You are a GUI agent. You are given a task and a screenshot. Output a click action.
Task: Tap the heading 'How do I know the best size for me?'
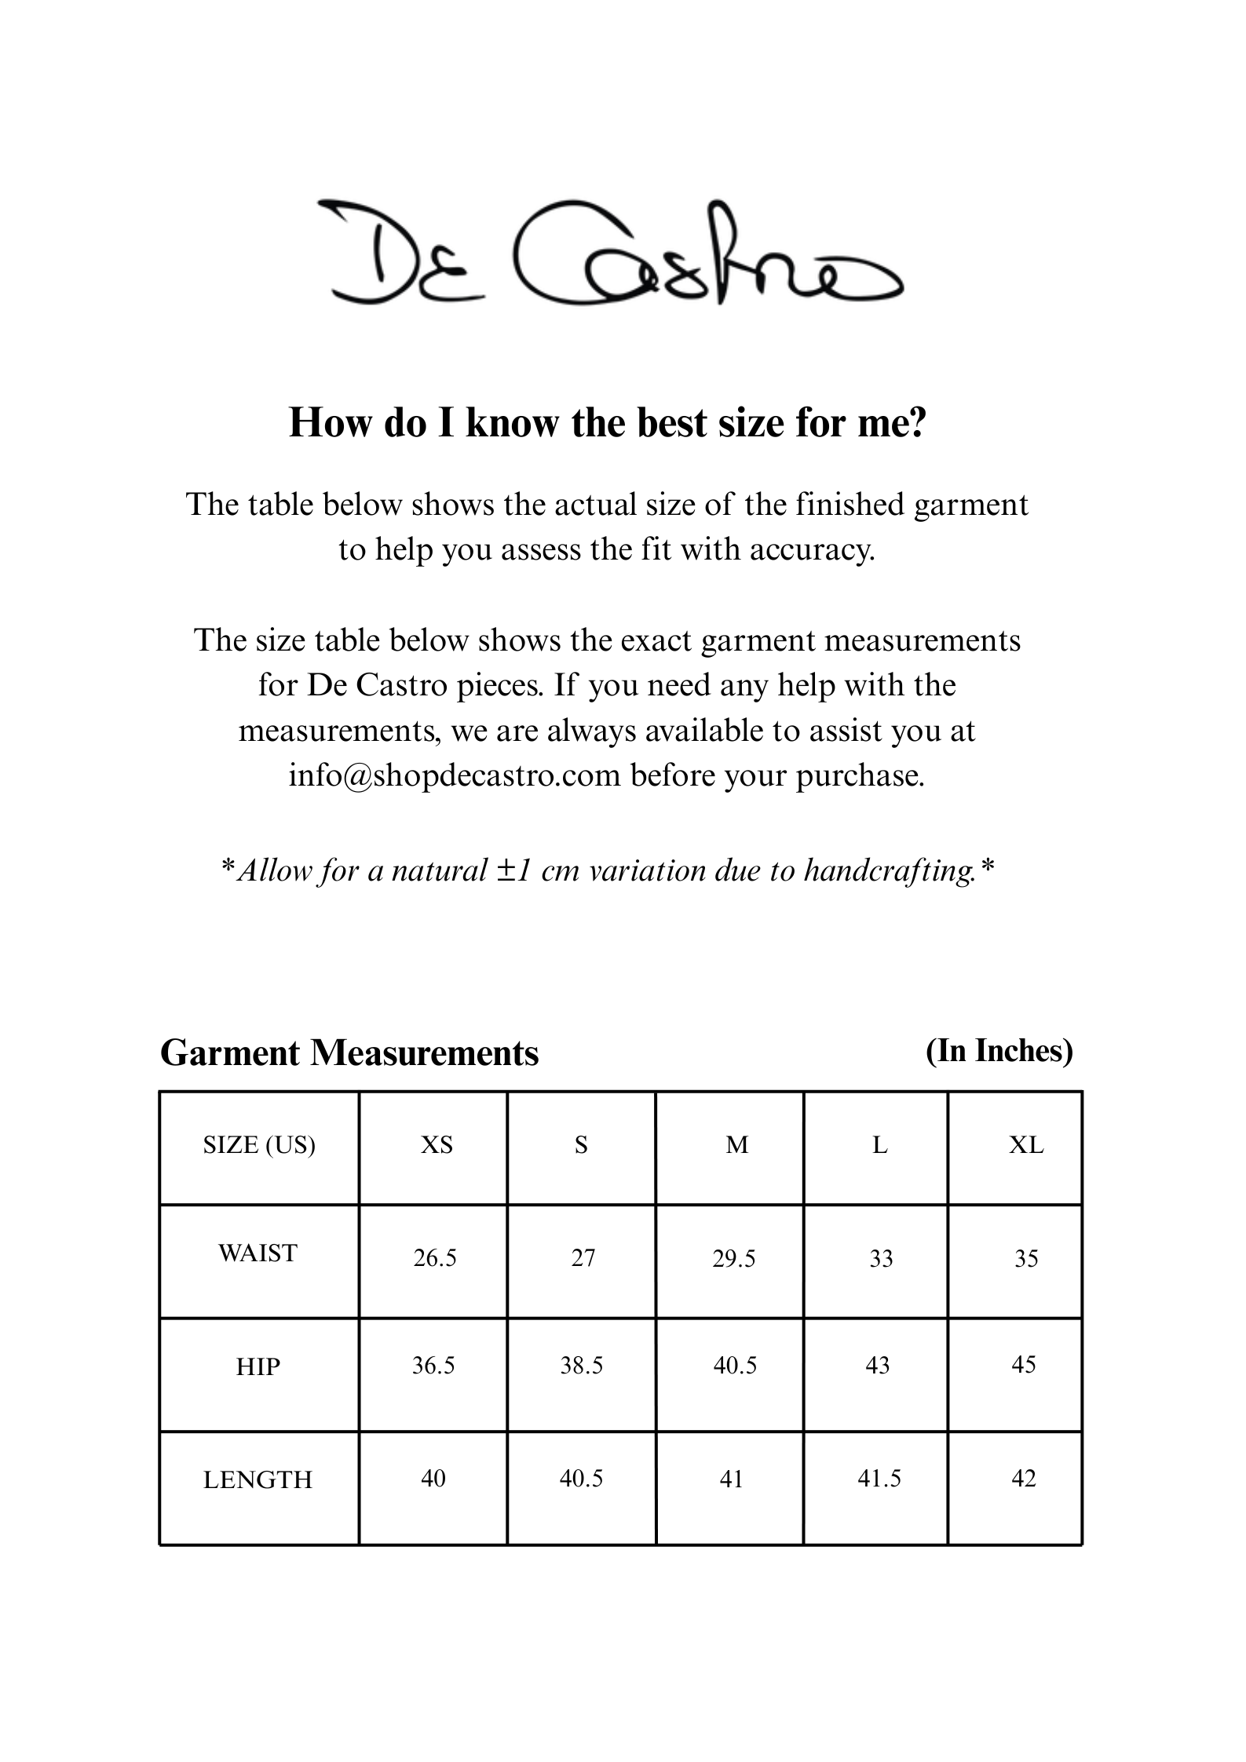pyautogui.click(x=608, y=422)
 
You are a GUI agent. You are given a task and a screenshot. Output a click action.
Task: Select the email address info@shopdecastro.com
pyautogui.click(x=455, y=775)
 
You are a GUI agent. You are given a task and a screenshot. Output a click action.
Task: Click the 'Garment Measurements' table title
pyautogui.click(x=349, y=1053)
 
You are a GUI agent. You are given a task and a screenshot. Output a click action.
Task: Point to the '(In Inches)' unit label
pyautogui.click(x=999, y=1050)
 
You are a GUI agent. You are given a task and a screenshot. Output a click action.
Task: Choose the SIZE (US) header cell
pyautogui.click(x=259, y=1146)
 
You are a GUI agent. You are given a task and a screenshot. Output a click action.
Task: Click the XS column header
pyautogui.click(x=437, y=1146)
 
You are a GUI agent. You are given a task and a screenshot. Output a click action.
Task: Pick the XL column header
pyautogui.click(x=1026, y=1146)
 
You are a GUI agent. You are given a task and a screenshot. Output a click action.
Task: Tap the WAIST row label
pyautogui.click(x=258, y=1253)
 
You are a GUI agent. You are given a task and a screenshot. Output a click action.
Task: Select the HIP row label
pyautogui.click(x=258, y=1366)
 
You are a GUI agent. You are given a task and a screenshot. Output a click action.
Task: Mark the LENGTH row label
pyautogui.click(x=258, y=1479)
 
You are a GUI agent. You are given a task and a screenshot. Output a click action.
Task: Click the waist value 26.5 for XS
pyautogui.click(x=435, y=1258)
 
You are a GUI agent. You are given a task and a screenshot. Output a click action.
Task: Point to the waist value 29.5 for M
pyautogui.click(x=734, y=1258)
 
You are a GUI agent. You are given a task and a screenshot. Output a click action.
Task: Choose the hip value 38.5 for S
pyautogui.click(x=582, y=1366)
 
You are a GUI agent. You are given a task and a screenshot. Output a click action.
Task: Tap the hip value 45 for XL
pyautogui.click(x=1024, y=1365)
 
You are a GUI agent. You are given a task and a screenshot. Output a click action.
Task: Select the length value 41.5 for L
pyautogui.click(x=879, y=1479)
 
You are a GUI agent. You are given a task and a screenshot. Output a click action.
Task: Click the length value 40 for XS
pyautogui.click(x=433, y=1479)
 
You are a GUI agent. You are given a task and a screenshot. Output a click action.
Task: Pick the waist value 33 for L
pyautogui.click(x=881, y=1258)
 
